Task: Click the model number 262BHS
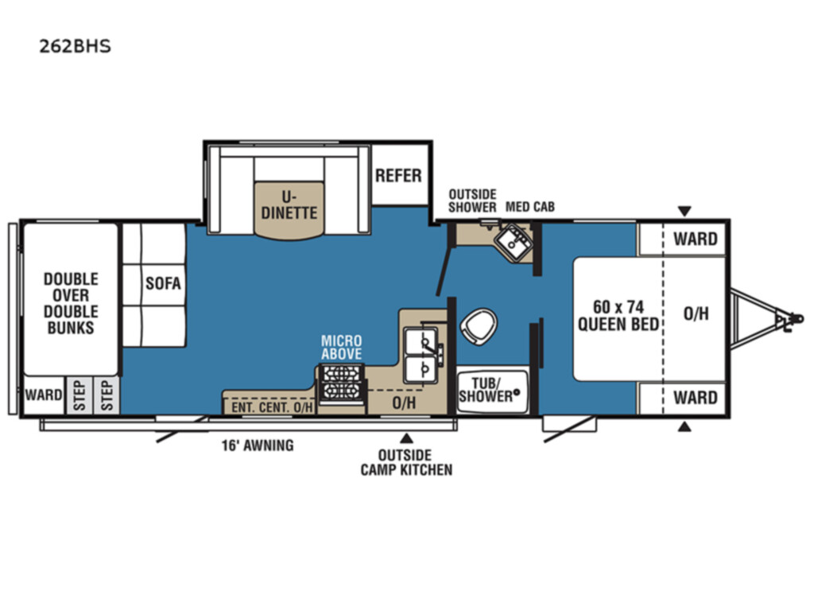click(x=76, y=46)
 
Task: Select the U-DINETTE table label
click(x=289, y=204)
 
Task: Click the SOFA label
click(x=163, y=283)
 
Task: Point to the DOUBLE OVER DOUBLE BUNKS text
click(x=71, y=303)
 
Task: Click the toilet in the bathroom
click(x=479, y=326)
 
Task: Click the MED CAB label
click(x=530, y=207)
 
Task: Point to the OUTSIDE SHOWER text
click(x=472, y=200)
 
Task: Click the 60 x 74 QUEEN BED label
click(x=618, y=315)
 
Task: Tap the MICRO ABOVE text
click(x=341, y=348)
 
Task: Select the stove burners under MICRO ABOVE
click(x=341, y=383)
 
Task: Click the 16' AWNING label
click(x=258, y=446)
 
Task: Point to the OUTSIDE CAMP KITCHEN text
click(x=406, y=462)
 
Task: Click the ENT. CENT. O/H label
click(x=272, y=407)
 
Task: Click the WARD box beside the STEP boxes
click(x=44, y=395)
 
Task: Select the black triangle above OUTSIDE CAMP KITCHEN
click(x=406, y=438)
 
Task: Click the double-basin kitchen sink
click(x=421, y=356)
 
